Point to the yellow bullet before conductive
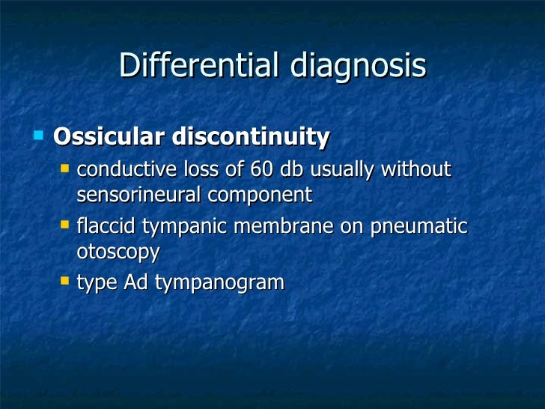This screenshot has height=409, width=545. point(65,169)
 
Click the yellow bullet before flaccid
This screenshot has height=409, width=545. point(65,225)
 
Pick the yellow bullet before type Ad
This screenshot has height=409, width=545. point(65,281)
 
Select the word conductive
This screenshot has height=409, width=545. point(124,170)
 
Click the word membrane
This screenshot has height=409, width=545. point(284,226)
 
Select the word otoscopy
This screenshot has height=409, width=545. point(118,253)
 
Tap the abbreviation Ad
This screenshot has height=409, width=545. point(136,282)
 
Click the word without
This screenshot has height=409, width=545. point(416,170)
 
